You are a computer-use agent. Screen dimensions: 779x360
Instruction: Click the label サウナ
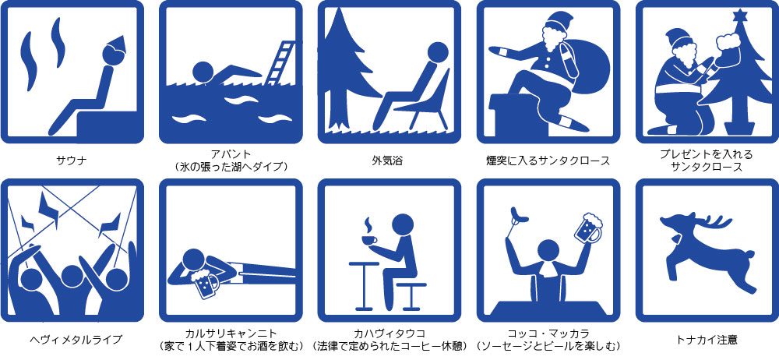(x=72, y=161)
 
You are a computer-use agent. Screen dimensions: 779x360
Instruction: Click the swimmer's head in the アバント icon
(x=203, y=72)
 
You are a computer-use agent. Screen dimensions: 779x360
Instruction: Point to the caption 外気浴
(x=387, y=161)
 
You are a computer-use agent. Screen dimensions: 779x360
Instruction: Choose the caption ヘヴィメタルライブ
(x=72, y=340)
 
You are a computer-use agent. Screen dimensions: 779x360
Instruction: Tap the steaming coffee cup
(x=368, y=240)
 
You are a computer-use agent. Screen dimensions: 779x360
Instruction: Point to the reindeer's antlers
(x=716, y=222)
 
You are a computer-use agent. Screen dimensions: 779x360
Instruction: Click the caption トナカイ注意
(x=707, y=340)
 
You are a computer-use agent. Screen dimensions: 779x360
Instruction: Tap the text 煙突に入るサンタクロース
(x=548, y=161)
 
